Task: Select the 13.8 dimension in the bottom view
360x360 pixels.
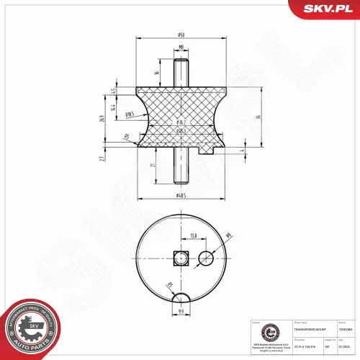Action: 194,235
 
